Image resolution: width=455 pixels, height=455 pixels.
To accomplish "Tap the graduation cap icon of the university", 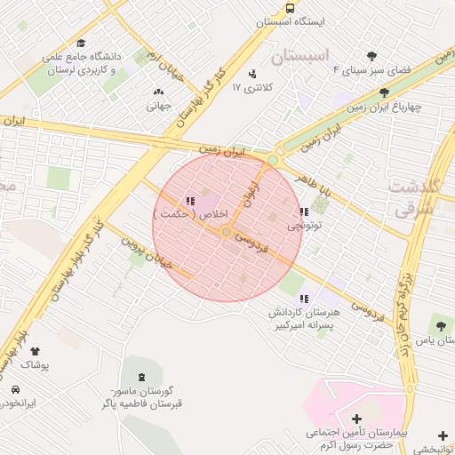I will pyautogui.click(x=81, y=44).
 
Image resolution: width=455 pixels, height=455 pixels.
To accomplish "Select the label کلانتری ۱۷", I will pyautogui.click(x=248, y=87).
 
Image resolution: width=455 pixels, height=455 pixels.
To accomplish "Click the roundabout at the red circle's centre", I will pyautogui.click(x=227, y=232).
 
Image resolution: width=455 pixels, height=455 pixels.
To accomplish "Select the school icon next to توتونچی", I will pyautogui.click(x=305, y=212).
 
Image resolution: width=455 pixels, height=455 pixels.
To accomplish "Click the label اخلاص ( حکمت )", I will pyautogui.click(x=191, y=215).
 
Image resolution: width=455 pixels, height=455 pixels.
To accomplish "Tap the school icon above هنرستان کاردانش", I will pyautogui.click(x=305, y=299).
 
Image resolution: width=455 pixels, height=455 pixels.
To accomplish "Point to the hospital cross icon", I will pyautogui.click(x=356, y=419).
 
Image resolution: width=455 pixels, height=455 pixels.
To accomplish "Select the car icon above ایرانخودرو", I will pyautogui.click(x=15, y=389).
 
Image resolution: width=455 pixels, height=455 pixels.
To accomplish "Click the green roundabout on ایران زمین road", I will pyautogui.click(x=273, y=160).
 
